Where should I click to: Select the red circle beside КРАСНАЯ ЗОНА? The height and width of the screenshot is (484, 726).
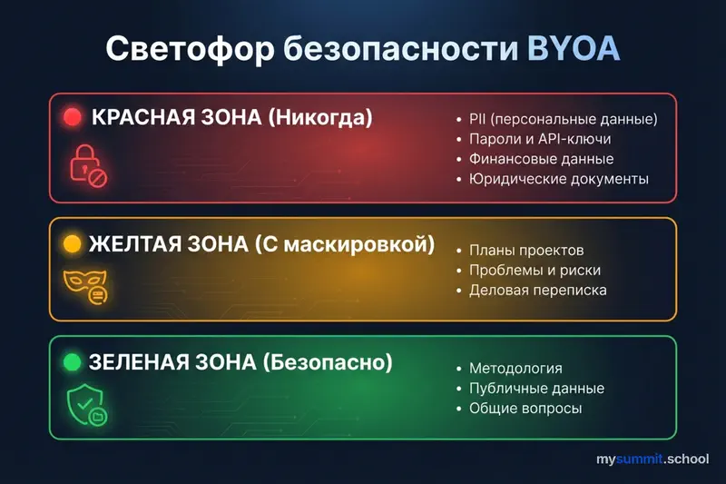point(73,118)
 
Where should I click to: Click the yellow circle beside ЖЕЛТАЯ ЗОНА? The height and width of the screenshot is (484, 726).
point(72,244)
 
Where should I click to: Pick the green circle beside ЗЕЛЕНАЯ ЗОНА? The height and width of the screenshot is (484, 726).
point(72,363)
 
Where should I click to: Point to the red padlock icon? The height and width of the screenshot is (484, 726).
point(88,166)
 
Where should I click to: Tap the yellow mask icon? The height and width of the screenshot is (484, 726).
point(86,285)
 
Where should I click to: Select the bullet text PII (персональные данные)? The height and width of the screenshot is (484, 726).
point(563,119)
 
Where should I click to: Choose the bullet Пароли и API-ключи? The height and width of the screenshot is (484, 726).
point(540,139)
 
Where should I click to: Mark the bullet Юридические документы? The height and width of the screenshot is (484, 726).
point(558,179)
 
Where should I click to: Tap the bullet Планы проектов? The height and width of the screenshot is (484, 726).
point(526,250)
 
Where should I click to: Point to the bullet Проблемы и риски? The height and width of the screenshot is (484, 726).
point(535,270)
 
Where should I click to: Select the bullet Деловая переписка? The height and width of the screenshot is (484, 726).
point(537,290)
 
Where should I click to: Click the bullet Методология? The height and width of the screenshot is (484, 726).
point(515,369)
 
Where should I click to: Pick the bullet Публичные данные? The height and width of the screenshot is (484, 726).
point(536,389)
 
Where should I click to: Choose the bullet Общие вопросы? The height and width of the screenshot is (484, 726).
point(525,409)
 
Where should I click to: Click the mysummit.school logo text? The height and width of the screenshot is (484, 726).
point(652,460)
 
